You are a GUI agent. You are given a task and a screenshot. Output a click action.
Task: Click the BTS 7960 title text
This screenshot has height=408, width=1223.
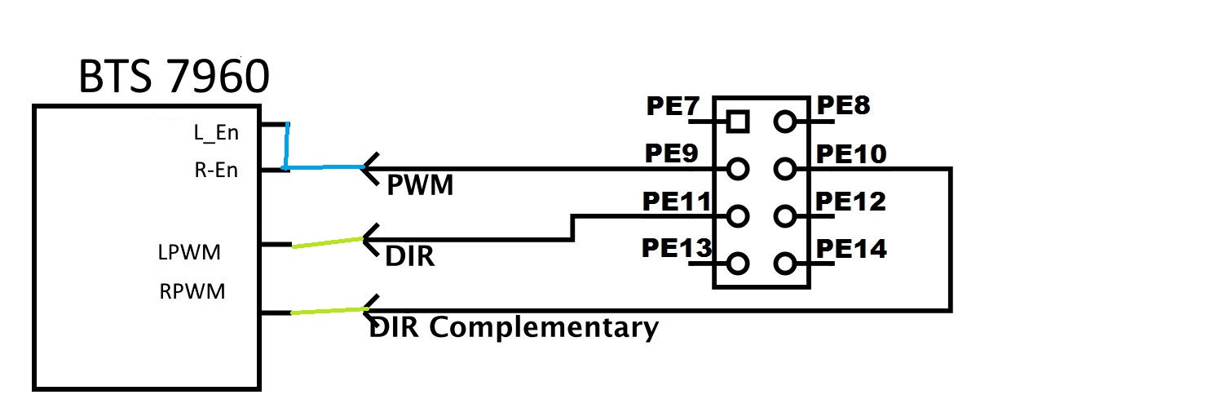tap(173, 78)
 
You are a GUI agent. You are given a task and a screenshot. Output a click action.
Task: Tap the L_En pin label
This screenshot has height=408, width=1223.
tap(216, 131)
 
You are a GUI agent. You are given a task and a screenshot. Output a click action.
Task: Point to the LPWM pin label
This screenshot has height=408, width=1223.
tap(189, 253)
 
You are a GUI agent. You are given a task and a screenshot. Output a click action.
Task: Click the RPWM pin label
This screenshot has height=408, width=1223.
tap(192, 291)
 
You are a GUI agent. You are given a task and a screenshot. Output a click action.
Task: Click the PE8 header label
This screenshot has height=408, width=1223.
tap(844, 107)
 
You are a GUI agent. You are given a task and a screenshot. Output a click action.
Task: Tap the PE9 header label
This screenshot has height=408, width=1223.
tap(670, 154)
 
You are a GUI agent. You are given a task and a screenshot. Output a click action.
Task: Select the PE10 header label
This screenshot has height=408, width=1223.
tap(850, 154)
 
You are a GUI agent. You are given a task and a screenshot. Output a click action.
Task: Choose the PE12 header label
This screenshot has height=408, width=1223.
tap(850, 201)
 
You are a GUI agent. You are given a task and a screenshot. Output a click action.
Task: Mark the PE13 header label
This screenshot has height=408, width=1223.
tap(676, 248)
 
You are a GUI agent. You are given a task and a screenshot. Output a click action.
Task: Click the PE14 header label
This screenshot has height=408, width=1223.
tap(851, 248)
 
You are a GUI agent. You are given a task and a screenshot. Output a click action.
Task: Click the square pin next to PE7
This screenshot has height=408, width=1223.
tap(738, 122)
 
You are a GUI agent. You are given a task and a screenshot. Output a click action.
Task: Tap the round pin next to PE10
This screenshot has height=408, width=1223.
tap(785, 170)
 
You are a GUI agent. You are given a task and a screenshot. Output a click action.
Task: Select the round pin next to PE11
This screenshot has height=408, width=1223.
tap(738, 217)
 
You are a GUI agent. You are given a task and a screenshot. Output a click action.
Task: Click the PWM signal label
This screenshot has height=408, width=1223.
tap(420, 187)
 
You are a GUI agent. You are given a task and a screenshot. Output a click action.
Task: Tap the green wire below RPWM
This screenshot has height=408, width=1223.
tap(327, 311)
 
